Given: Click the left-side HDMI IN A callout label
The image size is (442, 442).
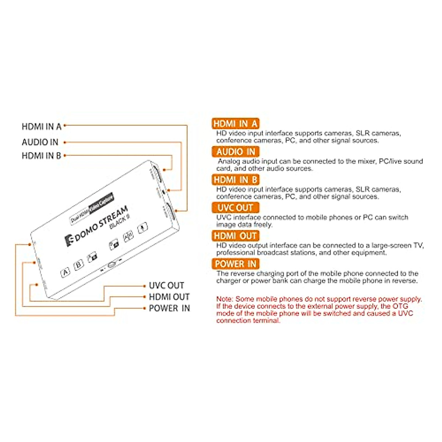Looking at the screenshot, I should pyautogui.click(x=42, y=127).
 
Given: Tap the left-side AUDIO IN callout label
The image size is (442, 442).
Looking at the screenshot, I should pyautogui.click(x=40, y=142).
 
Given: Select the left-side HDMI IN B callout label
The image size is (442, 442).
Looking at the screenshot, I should pyautogui.click(x=41, y=156).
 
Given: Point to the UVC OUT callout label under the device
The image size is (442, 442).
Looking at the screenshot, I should pyautogui.click(x=166, y=285).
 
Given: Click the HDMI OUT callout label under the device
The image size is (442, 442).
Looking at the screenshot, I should pyautogui.click(x=169, y=297).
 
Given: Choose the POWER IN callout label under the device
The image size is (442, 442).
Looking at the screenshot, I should pyautogui.click(x=169, y=308).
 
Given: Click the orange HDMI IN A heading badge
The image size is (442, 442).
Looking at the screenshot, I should pyautogui.click(x=235, y=123).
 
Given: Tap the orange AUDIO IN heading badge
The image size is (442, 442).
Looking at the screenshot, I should pyautogui.click(x=235, y=152).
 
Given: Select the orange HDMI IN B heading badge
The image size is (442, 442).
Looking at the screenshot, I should pyautogui.click(x=235, y=180).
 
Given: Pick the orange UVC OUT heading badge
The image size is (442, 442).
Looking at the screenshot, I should pyautogui.click(x=235, y=208).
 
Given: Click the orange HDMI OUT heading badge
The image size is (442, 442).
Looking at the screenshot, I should pyautogui.click(x=235, y=236).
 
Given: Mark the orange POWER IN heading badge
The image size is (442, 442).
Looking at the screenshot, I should pyautogui.click(x=235, y=264).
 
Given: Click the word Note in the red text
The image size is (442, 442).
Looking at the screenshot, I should pyautogui.click(x=224, y=299).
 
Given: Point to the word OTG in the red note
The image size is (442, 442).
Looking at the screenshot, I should pyautogui.click(x=400, y=306).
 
